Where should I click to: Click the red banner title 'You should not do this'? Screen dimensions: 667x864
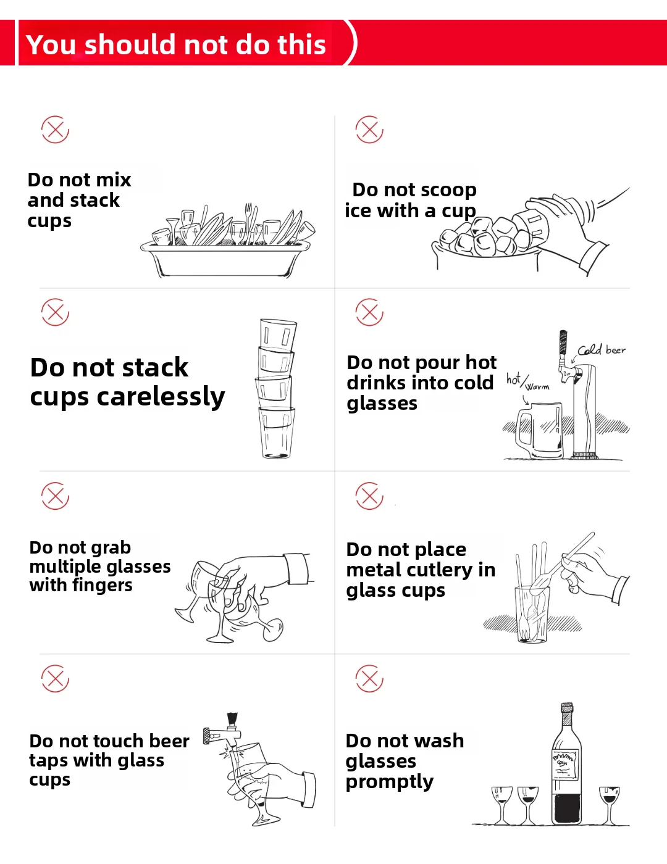[x=176, y=44]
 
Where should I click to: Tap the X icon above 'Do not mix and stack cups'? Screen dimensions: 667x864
[x=55, y=130]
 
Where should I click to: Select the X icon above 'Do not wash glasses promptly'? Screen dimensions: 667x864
[x=369, y=678]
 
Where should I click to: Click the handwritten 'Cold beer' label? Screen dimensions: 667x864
[x=601, y=350]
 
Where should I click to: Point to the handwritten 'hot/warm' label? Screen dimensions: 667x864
[x=527, y=382]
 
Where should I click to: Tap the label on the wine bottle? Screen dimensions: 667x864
[x=566, y=764]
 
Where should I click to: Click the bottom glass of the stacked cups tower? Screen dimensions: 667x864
[x=277, y=433]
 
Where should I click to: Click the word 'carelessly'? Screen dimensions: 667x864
[x=161, y=397]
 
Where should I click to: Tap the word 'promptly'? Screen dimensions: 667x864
[x=389, y=782]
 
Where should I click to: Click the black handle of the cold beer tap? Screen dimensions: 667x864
[x=563, y=342]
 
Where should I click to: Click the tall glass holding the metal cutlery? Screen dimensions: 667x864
[x=532, y=614]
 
